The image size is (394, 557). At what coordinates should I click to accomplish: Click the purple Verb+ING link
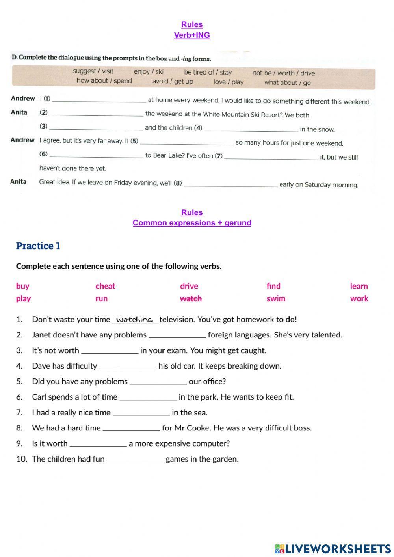pyautogui.click(x=192, y=35)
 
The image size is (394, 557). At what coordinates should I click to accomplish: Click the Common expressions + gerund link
pyautogui.click(x=192, y=223)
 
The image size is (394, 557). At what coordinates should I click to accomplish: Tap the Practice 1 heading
pyautogui.click(x=38, y=246)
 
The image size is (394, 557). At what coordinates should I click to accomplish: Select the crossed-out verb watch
pyautogui.click(x=191, y=298)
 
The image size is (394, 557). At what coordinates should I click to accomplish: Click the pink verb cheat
pyautogui.click(x=105, y=286)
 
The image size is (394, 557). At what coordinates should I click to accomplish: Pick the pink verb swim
pyautogui.click(x=276, y=298)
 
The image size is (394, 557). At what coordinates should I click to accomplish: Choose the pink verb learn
pyautogui.click(x=359, y=286)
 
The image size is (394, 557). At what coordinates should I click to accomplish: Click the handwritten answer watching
pyautogui.click(x=135, y=319)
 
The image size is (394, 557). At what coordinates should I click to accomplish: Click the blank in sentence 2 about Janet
pyautogui.click(x=177, y=335)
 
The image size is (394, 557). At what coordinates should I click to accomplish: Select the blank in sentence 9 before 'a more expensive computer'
pyautogui.click(x=98, y=444)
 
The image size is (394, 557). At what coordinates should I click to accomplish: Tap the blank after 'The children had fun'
pyautogui.click(x=135, y=460)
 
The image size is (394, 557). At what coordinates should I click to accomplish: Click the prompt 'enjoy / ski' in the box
pyautogui.click(x=149, y=72)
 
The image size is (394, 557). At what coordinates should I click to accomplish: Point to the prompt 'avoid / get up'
pyautogui.click(x=173, y=82)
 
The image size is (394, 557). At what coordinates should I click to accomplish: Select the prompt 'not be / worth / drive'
pyautogui.click(x=283, y=73)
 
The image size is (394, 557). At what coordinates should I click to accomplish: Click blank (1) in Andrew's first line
pyautogui.click(x=99, y=100)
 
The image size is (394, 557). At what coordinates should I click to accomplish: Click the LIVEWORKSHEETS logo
pyautogui.click(x=333, y=549)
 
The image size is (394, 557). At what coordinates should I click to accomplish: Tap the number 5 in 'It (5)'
pyautogui.click(x=134, y=141)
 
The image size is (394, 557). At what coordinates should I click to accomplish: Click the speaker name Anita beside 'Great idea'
pyautogui.click(x=19, y=182)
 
